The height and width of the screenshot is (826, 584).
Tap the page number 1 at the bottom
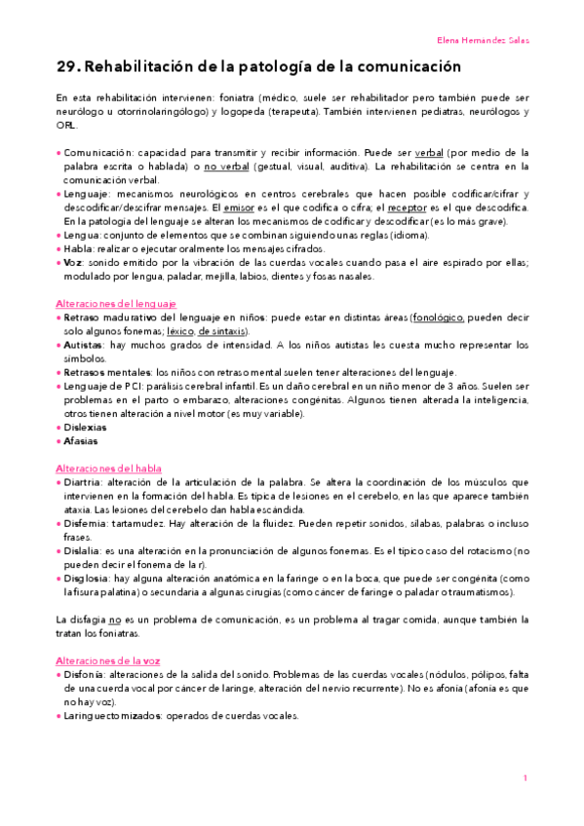point(525,777)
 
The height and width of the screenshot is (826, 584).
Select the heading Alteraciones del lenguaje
point(117,304)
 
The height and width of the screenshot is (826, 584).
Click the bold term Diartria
point(81,482)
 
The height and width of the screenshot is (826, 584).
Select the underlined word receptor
point(408,207)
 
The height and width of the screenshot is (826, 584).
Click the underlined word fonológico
point(439,318)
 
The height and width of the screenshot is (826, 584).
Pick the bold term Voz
point(73,262)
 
